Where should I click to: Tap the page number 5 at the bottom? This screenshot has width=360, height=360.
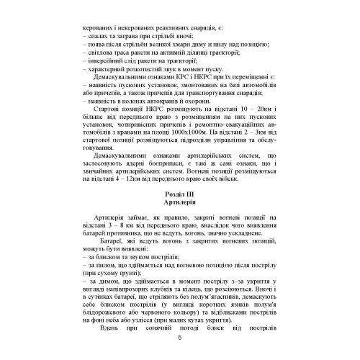click(179, 343)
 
